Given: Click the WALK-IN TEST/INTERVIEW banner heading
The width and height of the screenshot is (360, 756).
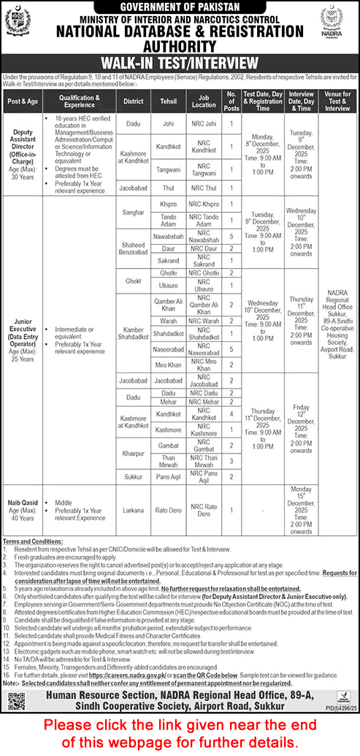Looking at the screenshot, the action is pos(180,62).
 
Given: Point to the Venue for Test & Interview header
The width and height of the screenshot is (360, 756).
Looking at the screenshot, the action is pos(337,100).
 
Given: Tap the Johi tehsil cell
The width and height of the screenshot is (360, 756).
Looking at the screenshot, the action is pos(169,123).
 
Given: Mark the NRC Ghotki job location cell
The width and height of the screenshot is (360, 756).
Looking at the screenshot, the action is pos(204,272).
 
